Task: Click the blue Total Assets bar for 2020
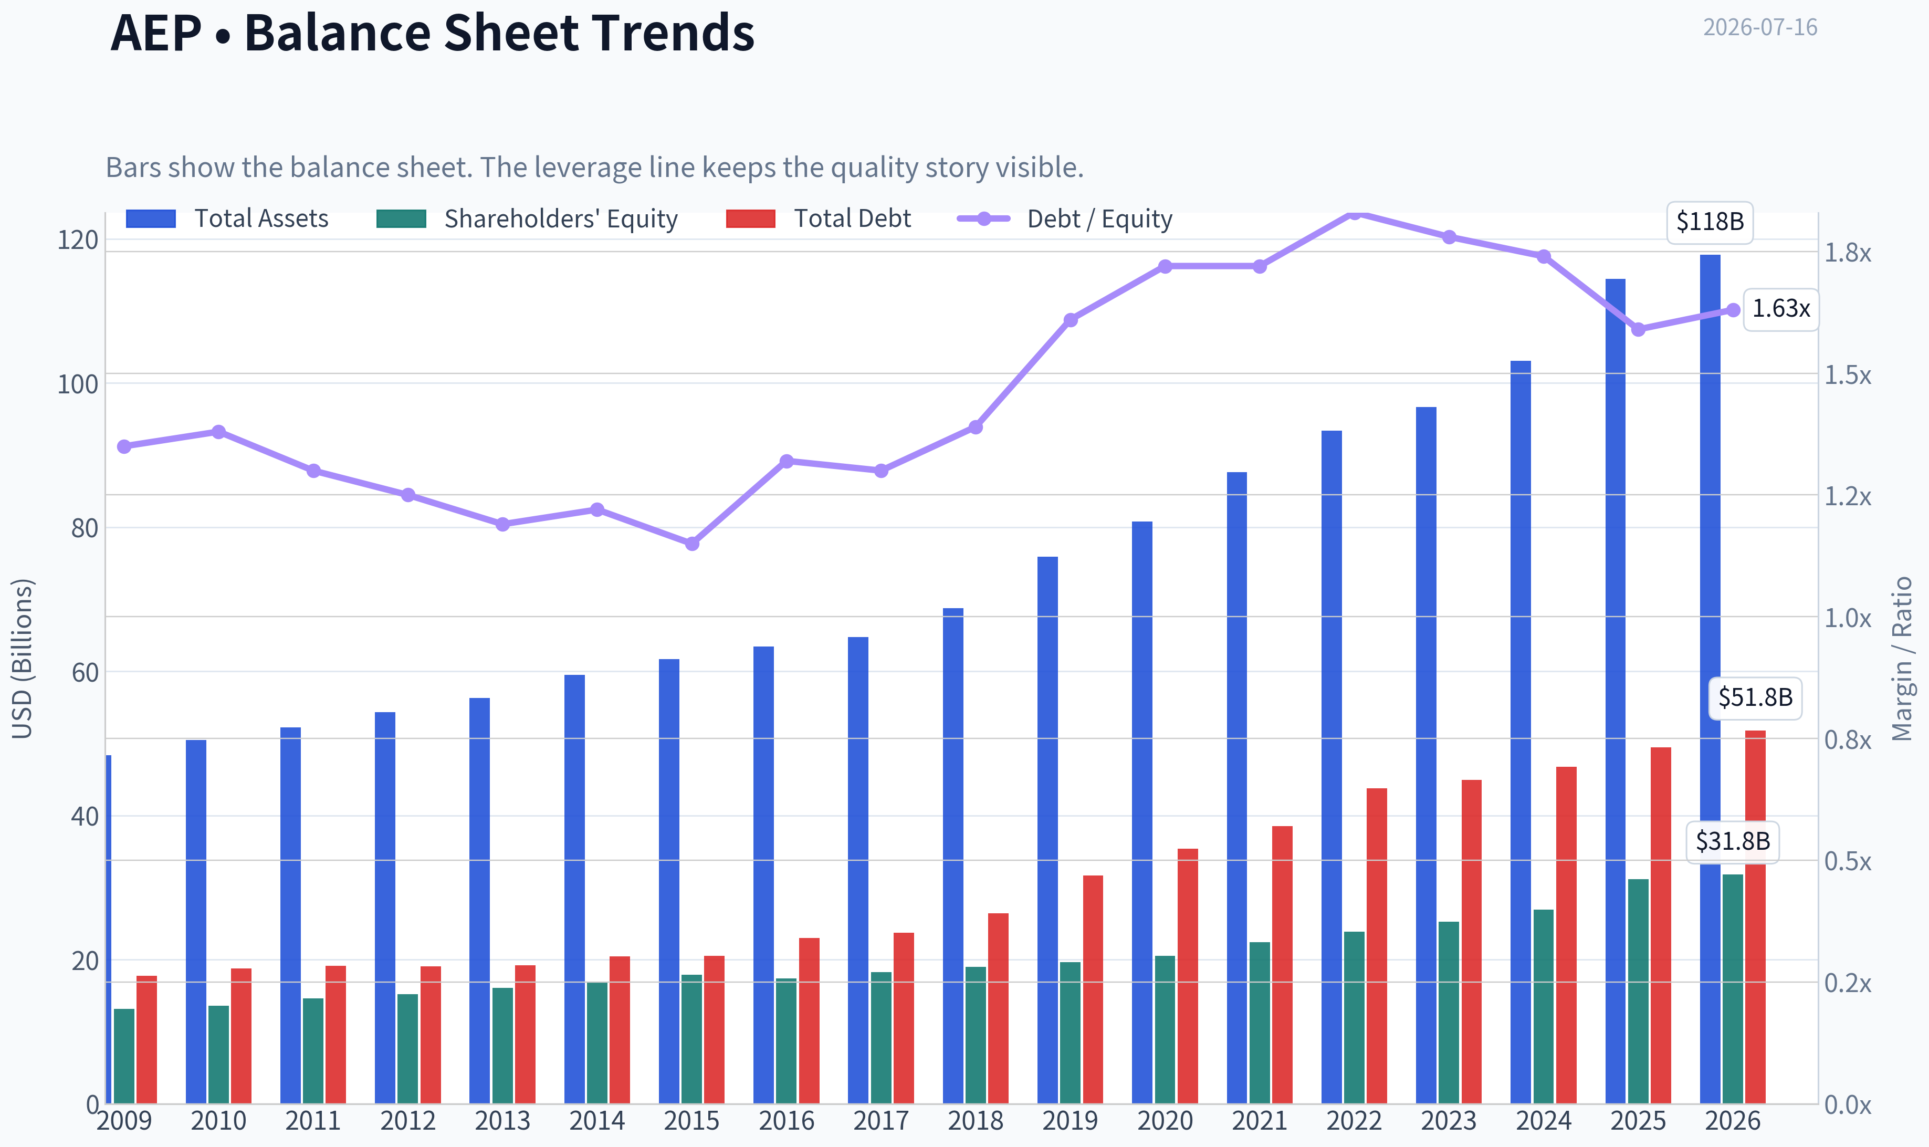click(x=1142, y=812)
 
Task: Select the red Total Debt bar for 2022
click(x=1377, y=946)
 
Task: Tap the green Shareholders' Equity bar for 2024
click(x=1544, y=1006)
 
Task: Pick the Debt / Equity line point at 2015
click(x=692, y=544)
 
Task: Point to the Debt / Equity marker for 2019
click(x=1071, y=320)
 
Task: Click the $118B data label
click(x=1710, y=223)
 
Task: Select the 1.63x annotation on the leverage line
click(x=1780, y=309)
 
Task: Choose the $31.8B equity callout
click(x=1733, y=842)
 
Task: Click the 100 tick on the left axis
click(x=78, y=384)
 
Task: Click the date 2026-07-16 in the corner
click(x=1760, y=28)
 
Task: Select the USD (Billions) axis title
click(x=23, y=659)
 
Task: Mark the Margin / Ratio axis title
click(x=1902, y=659)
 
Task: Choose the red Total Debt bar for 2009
click(x=147, y=1039)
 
